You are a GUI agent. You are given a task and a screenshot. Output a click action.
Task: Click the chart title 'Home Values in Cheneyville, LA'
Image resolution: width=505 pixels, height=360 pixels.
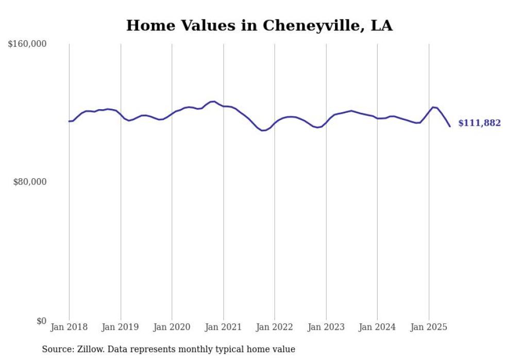259,25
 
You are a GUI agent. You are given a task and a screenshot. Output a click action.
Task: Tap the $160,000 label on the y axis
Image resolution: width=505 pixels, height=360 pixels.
27,44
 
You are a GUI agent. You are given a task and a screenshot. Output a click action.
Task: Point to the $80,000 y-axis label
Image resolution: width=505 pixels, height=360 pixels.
29,182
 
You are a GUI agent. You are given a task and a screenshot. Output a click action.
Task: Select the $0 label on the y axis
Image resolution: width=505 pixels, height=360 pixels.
41,321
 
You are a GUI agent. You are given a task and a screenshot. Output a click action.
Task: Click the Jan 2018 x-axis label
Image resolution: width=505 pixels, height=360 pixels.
69,327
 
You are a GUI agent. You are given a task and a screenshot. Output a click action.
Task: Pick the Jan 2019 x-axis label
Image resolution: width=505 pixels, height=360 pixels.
121,327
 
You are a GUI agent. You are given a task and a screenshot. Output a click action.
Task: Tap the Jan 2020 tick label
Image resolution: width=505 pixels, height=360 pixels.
172,327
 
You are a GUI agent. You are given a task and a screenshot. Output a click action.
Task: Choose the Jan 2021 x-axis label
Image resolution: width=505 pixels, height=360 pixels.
223,327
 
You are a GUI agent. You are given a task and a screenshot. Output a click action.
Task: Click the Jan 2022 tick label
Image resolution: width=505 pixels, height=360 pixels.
275,327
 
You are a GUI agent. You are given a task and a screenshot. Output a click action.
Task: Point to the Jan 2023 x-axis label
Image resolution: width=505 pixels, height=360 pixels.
326,327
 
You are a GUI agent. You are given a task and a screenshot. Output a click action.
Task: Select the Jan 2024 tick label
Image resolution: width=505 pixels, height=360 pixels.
377,327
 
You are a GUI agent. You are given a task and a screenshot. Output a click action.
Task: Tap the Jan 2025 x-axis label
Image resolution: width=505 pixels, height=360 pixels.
429,327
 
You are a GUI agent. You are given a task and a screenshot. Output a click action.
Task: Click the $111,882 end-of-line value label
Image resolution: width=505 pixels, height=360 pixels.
479,123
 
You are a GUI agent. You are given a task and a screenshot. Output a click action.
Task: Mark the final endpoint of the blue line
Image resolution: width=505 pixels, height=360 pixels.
450,126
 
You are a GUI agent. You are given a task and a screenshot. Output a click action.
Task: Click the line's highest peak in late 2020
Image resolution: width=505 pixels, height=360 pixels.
213,101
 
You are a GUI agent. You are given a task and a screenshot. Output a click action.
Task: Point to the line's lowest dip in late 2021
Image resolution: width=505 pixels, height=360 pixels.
263,131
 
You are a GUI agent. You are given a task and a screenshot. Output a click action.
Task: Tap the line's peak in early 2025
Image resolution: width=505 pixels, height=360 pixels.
433,107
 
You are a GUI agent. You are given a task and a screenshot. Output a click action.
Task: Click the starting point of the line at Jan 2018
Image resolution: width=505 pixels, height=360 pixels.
69,122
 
